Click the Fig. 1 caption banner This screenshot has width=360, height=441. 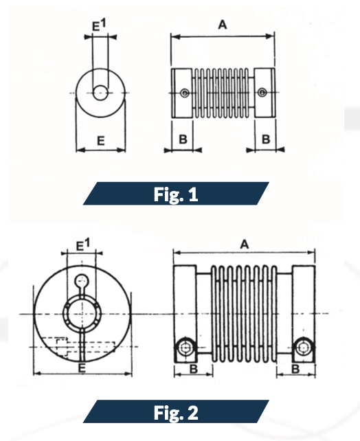pos(176,194)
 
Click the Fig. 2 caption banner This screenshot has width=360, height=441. pos(176,413)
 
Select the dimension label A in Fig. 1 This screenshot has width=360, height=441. pos(222,25)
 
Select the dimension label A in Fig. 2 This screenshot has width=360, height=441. pos(245,244)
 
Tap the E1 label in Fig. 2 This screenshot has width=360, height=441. pos(82,245)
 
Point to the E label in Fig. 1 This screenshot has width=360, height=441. pos(100,141)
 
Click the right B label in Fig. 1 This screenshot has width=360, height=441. pos(265,139)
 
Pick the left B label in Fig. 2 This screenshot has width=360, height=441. pos(194,369)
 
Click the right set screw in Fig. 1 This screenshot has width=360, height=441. pos(261,93)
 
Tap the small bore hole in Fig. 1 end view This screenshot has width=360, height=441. pos(101,92)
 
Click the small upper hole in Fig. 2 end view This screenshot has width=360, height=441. pos(82,280)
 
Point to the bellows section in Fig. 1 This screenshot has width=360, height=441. pos(223,93)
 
